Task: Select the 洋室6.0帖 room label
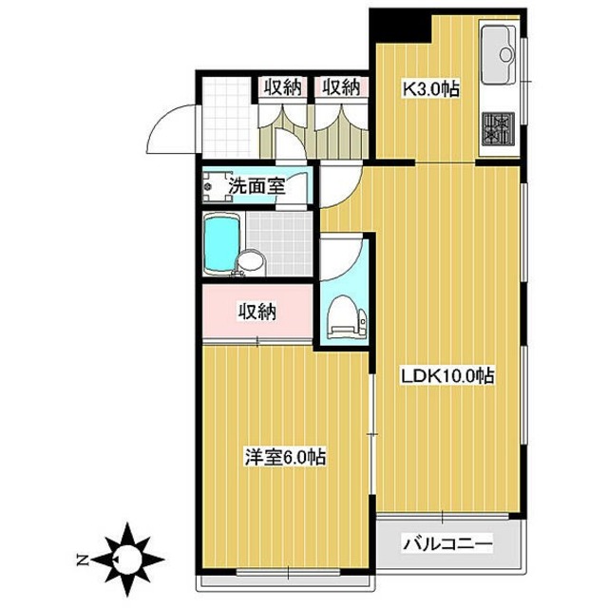(x=285, y=457)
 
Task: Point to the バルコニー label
(x=447, y=545)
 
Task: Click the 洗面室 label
(x=255, y=184)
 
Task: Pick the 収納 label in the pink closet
(x=256, y=311)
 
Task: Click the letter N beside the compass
(x=84, y=559)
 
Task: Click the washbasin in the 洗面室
(x=210, y=186)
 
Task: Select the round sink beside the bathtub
(x=250, y=262)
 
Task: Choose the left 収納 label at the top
(x=281, y=88)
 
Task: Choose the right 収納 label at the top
(x=340, y=88)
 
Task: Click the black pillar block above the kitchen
(x=399, y=23)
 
